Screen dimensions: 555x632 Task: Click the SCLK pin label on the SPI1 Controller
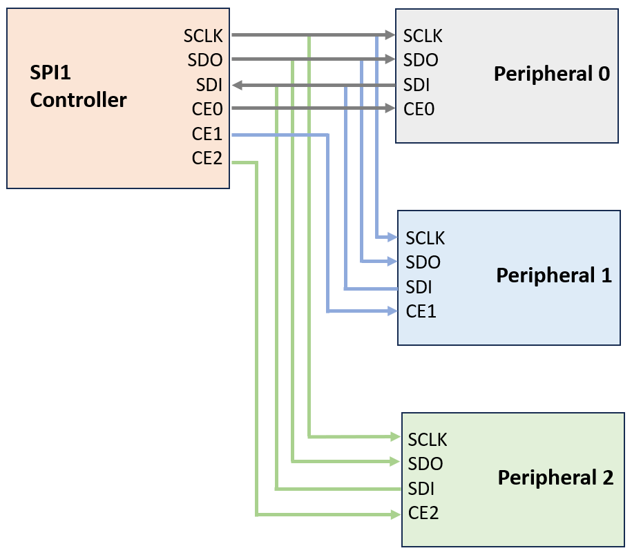coord(203,35)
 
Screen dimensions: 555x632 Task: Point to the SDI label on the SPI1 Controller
coord(209,85)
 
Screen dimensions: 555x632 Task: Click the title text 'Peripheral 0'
coord(551,74)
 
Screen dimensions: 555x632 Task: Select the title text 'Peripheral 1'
coord(554,275)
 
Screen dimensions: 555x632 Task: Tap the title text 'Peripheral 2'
coord(555,477)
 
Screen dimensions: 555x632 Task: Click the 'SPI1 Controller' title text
coord(78,86)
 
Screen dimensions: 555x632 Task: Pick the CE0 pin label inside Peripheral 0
coord(419,109)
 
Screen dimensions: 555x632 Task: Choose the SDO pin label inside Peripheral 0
coord(421,60)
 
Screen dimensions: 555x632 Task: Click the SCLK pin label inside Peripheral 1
coord(425,238)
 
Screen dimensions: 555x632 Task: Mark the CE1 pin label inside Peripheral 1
coord(421,311)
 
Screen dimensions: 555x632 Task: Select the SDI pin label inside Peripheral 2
coord(421,489)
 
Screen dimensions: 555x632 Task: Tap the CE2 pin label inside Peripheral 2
coord(423,513)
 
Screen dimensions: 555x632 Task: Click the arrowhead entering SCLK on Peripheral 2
coord(396,436)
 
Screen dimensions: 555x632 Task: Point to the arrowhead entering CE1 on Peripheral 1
coord(392,311)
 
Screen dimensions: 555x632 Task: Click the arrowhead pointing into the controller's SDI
coord(237,85)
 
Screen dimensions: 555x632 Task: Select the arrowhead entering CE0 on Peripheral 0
coord(390,108)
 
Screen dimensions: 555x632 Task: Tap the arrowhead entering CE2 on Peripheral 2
coord(396,514)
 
